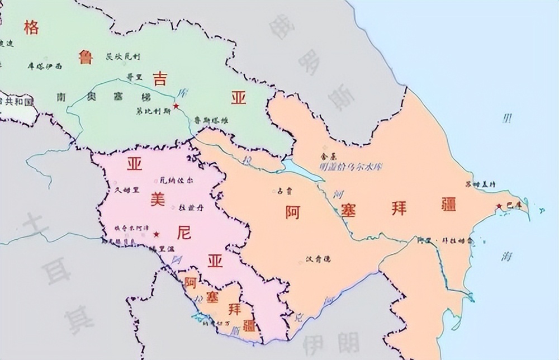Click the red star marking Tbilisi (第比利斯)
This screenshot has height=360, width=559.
[176, 106]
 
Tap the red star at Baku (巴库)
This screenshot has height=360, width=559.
[499, 206]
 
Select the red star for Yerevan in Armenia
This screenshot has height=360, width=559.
[157, 234]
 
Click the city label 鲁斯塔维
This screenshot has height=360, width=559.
[211, 120]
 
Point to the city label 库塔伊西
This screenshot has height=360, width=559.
[45, 66]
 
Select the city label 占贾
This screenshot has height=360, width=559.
[284, 191]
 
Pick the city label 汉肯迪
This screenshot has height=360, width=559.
[319, 259]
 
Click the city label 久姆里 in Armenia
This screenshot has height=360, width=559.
[126, 190]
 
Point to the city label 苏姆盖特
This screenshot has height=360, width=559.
[480, 184]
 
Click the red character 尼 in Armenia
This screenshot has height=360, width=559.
[183, 231]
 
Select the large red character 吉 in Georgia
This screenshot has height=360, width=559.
[160, 78]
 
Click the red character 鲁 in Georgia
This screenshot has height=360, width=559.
[86, 56]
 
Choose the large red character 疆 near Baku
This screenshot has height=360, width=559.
[448, 203]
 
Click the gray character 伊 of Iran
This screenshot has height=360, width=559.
[315, 340]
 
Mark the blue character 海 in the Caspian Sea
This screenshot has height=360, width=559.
[507, 256]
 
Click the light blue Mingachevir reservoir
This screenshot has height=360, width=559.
[302, 168]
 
